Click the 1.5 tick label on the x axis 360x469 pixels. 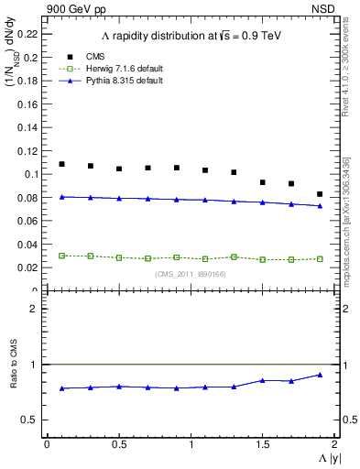(x=262, y=444)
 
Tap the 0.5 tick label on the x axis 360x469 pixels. (x=118, y=444)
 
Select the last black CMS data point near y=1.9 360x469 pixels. (x=320, y=194)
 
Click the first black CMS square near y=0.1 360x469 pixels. (x=61, y=164)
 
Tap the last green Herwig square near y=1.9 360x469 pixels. (x=320, y=259)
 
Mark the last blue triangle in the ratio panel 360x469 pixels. (x=320, y=375)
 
